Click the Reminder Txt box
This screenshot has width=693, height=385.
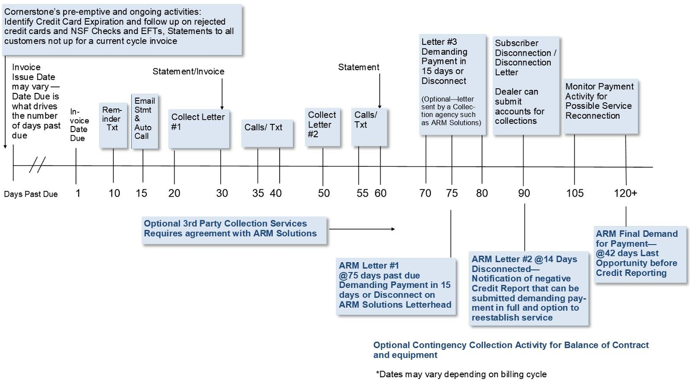(113, 125)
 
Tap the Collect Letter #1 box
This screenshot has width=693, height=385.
(198, 128)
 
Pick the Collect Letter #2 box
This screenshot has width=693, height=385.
(322, 127)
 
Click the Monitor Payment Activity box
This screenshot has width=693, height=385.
(600, 106)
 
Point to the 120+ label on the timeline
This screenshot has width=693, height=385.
(625, 193)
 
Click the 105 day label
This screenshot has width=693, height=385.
(575, 193)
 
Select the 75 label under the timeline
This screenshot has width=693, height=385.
(452, 193)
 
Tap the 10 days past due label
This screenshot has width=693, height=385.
(114, 193)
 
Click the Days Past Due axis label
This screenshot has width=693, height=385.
(30, 194)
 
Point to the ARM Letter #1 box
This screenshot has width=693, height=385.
(396, 285)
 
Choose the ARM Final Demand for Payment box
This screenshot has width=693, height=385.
(641, 254)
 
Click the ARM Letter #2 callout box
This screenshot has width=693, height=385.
(529, 288)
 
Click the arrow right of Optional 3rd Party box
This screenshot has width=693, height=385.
(362, 229)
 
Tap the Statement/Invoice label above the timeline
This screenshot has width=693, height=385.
(189, 71)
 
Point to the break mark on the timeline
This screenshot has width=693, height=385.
(37, 166)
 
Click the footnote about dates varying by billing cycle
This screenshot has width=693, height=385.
(461, 374)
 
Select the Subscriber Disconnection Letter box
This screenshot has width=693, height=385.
(526, 85)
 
